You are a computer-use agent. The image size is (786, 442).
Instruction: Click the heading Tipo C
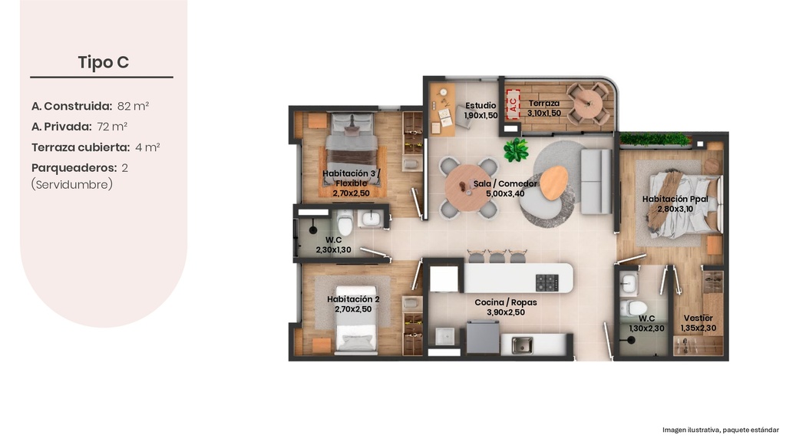pyautogui.click(x=103, y=62)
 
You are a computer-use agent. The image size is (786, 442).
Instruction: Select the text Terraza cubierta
pyautogui.click(x=80, y=147)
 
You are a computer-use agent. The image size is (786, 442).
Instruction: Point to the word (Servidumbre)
pyautogui.click(x=72, y=184)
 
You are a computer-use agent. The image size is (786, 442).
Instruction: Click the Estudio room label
pyautogui.click(x=481, y=105)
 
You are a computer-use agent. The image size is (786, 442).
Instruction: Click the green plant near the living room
pyautogui.click(x=516, y=150)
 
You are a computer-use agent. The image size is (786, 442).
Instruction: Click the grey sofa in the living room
pyautogui.click(x=596, y=181)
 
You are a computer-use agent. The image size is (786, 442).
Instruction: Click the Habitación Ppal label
pyautogui.click(x=675, y=200)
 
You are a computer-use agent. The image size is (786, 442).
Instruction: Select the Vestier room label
pyautogui.click(x=698, y=318)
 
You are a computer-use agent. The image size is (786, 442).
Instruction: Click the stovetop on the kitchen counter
pyautogui.click(x=547, y=282)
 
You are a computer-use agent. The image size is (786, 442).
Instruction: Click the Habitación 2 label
pyautogui.click(x=353, y=299)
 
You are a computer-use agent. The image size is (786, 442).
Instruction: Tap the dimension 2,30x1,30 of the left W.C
pyautogui.click(x=333, y=249)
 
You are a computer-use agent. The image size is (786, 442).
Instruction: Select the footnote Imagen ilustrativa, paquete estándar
pyautogui.click(x=720, y=429)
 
